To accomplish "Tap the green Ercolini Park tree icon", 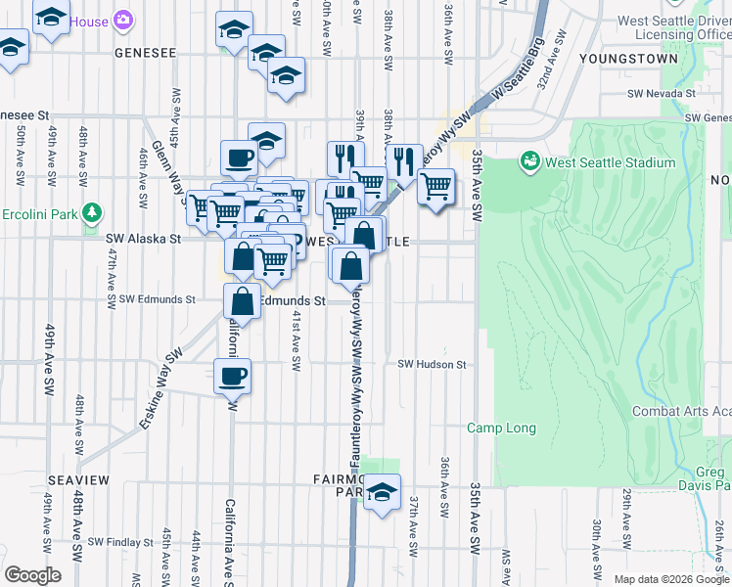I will [x=92, y=211].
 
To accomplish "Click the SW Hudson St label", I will [x=432, y=365].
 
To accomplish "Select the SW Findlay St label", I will [x=121, y=542].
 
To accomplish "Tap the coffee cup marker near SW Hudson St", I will [x=232, y=376].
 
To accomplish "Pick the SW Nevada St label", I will [x=661, y=94].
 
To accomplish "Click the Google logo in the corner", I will [x=32, y=575].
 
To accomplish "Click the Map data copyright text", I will [x=671, y=579].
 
